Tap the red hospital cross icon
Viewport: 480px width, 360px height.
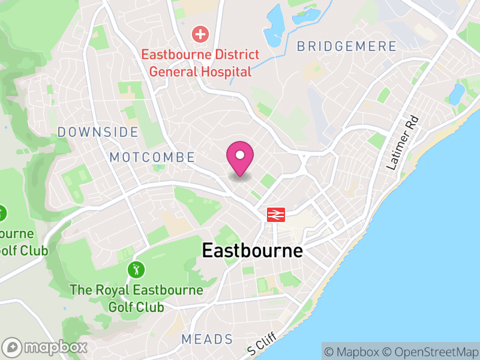click(x=200, y=34)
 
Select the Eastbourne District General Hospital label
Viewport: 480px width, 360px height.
click(x=200, y=63)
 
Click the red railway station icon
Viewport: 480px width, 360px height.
click(x=276, y=214)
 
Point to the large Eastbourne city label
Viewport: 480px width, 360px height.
click(x=252, y=250)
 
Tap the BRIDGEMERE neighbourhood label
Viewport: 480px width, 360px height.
click(x=346, y=46)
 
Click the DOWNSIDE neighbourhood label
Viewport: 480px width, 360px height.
click(x=98, y=132)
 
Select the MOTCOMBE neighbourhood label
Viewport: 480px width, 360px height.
click(x=152, y=158)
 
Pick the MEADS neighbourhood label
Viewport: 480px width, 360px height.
click(x=207, y=340)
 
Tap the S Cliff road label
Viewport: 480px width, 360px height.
click(x=262, y=344)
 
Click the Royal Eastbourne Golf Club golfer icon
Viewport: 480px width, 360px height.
click(x=137, y=269)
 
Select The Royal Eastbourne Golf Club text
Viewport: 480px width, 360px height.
click(x=136, y=299)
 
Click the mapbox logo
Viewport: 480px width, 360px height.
click(x=46, y=347)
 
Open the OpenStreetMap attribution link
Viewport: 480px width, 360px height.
click(x=434, y=352)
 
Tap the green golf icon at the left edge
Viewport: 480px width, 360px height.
click(x=2, y=213)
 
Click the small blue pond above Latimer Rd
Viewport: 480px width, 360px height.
click(x=457, y=92)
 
